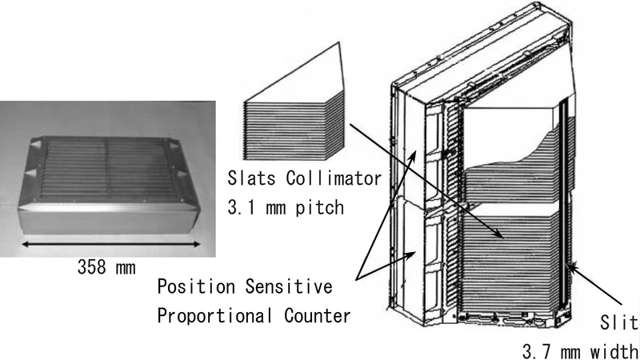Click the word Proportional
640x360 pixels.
(211, 315)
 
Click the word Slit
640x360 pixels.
(621, 322)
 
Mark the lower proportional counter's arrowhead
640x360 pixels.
(414, 254)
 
